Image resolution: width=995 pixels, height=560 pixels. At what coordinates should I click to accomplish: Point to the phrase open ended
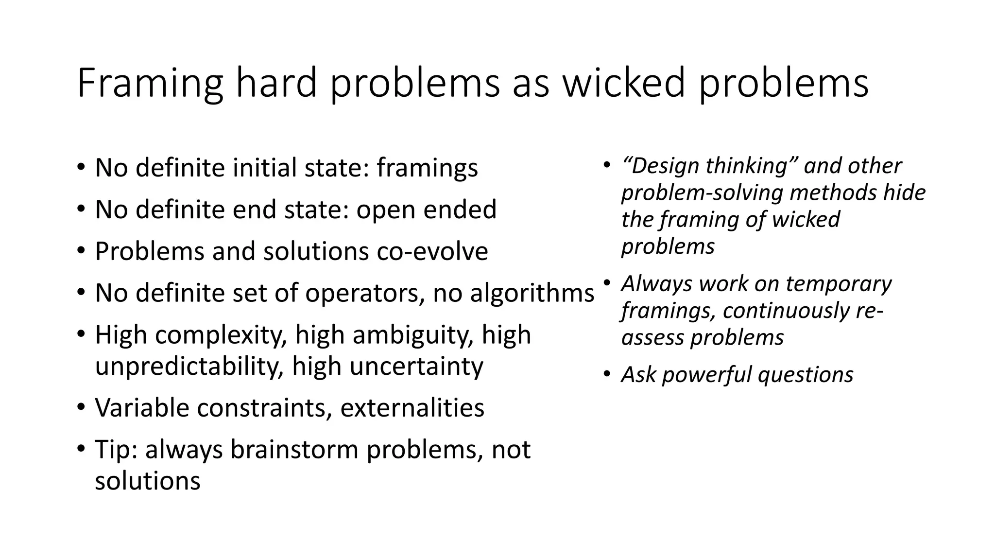427,210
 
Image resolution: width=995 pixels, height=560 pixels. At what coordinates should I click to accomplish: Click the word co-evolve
432,252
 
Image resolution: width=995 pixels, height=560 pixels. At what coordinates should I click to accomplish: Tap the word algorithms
532,294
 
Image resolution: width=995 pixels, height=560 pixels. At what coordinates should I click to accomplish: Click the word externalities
412,408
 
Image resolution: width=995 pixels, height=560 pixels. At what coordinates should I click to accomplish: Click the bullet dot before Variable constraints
81,407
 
